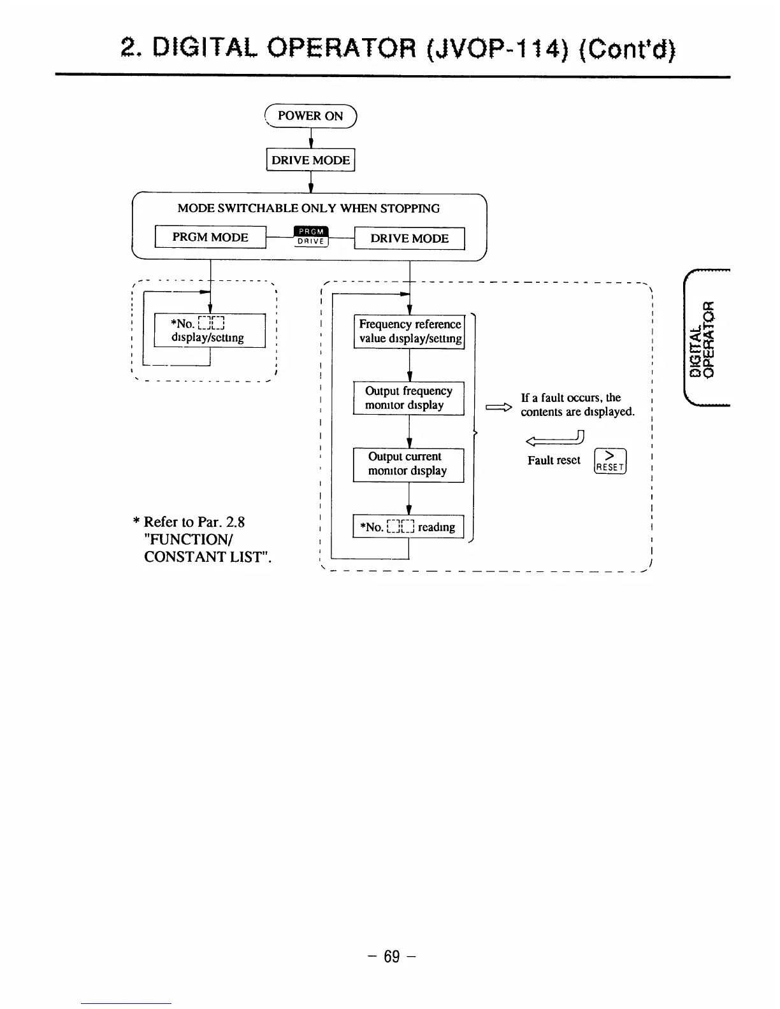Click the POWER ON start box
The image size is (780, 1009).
coord(310,116)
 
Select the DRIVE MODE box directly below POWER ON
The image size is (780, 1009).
coord(310,160)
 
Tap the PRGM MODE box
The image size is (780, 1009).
coord(210,238)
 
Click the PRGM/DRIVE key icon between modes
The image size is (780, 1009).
coord(312,236)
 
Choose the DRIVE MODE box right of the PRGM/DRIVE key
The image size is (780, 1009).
coord(409,238)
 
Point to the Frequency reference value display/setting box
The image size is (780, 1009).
coord(409,331)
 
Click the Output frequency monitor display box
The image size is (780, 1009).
coord(408,398)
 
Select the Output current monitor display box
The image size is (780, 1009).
coord(408,464)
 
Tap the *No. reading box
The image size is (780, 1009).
coord(408,527)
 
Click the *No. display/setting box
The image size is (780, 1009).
coord(210,331)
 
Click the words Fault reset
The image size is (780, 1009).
coord(554,460)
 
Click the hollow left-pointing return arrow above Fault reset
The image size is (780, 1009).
coord(554,438)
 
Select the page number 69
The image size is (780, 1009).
coord(391,956)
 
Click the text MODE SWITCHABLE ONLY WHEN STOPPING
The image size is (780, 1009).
coord(308,208)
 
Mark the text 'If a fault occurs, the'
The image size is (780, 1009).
coord(571,397)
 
